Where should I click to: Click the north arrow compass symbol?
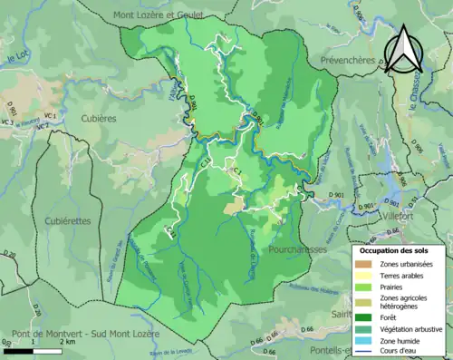pyautogui.click(x=403, y=50)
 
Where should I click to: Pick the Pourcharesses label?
pyautogui.click(x=300, y=247)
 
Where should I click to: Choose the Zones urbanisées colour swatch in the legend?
pyautogui.click(x=363, y=263)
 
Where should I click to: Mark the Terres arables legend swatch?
pyautogui.click(x=363, y=275)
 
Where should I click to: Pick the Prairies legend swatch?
pyautogui.click(x=363, y=287)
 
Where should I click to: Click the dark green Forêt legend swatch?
pyautogui.click(x=363, y=316)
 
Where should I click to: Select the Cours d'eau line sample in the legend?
pyautogui.click(x=363, y=352)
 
